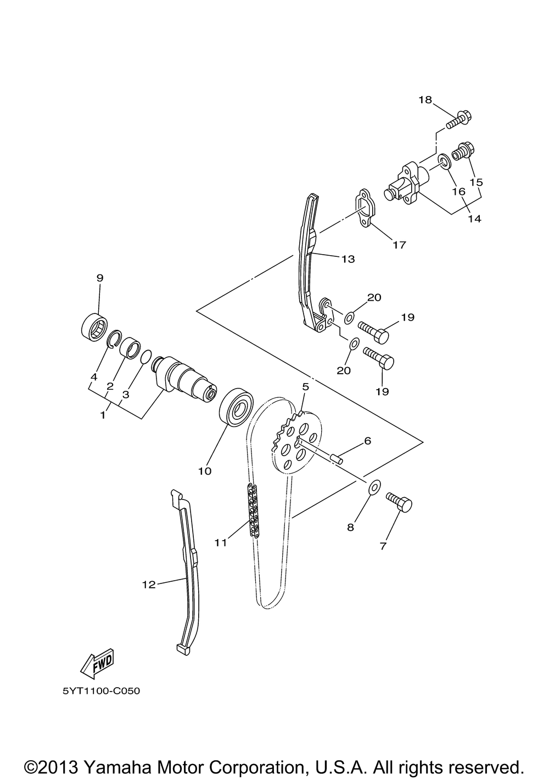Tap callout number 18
click(441, 100)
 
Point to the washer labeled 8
click(374, 486)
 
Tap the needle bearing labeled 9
click(94, 327)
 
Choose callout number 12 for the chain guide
click(149, 585)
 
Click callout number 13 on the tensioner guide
click(348, 259)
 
